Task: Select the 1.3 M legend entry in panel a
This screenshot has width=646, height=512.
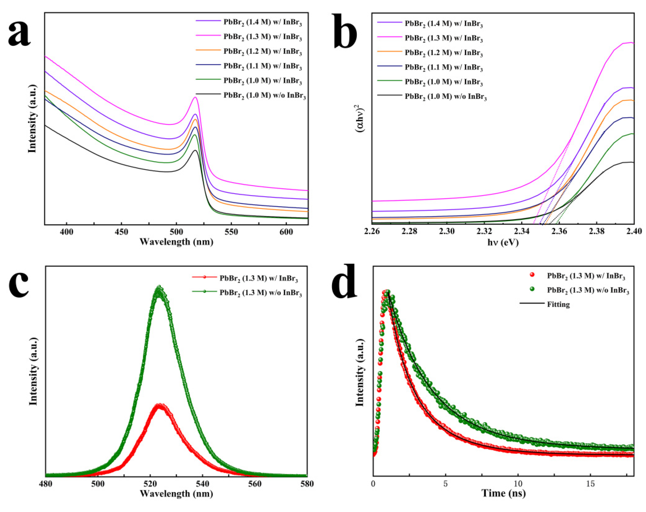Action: point(262,37)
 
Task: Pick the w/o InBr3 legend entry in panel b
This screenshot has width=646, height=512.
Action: point(445,97)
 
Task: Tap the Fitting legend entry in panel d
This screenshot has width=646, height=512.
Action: point(558,305)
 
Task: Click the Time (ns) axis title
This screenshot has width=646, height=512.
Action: point(503,493)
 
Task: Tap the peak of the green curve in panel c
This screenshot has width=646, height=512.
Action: point(159,287)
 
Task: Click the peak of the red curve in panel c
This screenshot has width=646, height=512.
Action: point(160,405)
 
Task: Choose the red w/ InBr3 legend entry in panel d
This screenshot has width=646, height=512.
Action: point(586,276)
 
